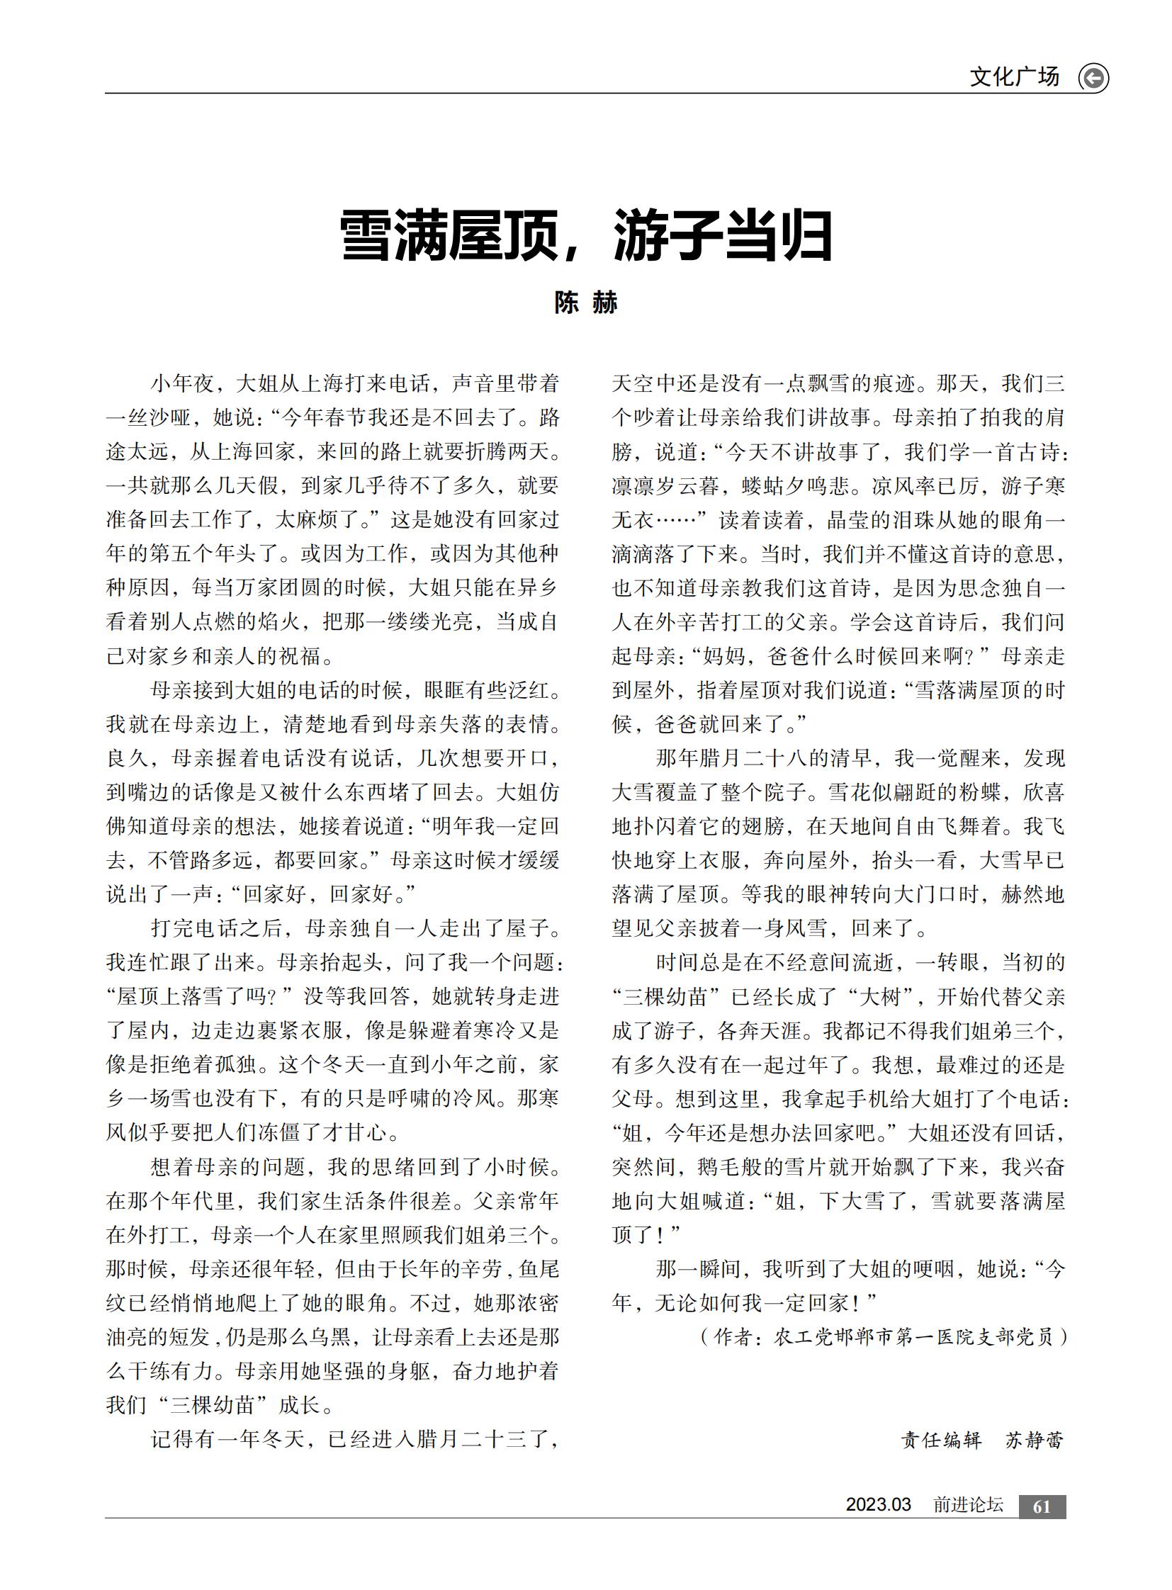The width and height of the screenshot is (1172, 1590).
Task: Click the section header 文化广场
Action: [x=1014, y=77]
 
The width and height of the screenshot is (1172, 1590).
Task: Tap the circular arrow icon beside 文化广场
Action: [x=1093, y=78]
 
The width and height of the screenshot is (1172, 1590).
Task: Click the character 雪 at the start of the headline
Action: [x=366, y=236]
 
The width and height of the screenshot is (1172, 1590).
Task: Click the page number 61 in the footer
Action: [x=1042, y=1507]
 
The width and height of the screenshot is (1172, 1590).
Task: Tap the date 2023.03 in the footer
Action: [x=877, y=1505]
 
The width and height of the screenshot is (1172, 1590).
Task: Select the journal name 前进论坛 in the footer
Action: [x=968, y=1505]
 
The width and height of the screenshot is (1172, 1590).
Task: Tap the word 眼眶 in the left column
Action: [x=446, y=690]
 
